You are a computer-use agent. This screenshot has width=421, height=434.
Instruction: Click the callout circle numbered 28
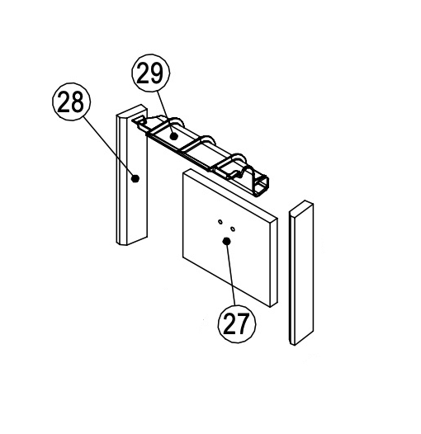point(72,101)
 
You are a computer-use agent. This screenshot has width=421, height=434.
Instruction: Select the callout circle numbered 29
point(151,73)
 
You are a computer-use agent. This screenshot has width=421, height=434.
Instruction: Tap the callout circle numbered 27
point(237,323)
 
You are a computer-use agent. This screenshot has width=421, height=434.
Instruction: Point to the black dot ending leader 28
point(135,178)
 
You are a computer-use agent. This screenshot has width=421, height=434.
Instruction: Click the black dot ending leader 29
point(174,136)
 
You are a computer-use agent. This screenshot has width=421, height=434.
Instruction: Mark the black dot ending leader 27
point(226,242)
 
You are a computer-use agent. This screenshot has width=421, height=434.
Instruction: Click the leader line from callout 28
point(109,147)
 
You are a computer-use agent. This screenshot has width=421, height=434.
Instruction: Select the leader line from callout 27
point(230,273)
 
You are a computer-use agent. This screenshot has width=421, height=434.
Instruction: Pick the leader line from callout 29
point(166,114)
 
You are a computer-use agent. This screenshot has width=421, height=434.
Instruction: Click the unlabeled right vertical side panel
point(301,272)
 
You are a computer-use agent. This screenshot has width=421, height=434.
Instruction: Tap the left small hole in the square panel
point(220,221)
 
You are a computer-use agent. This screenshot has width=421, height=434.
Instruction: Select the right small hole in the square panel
point(233,229)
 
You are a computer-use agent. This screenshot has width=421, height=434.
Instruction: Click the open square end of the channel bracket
point(262,186)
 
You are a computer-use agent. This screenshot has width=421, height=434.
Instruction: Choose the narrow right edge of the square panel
point(274,262)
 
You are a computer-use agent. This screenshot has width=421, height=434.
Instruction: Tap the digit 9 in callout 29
point(157,73)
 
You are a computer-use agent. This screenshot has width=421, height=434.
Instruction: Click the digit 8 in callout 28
point(78,101)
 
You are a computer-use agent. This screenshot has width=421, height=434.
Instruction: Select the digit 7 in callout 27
point(243,323)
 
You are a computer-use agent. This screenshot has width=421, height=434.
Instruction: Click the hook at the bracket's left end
point(139,121)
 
